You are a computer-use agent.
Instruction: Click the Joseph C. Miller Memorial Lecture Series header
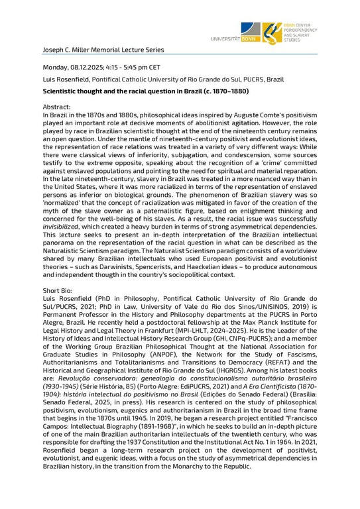[x=103, y=50]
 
